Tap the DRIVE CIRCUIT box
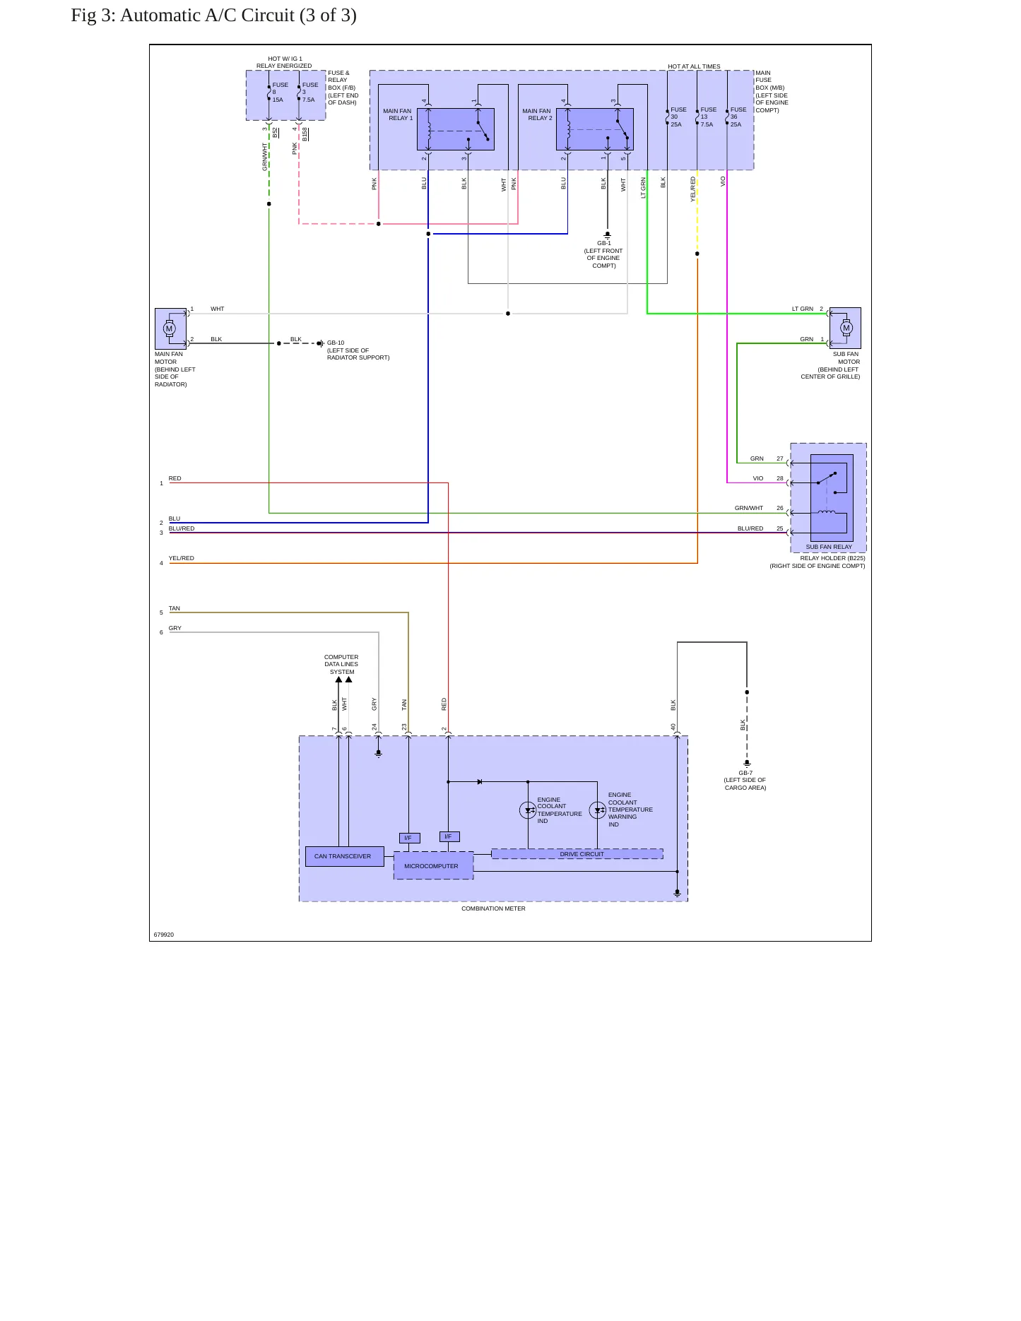point(577,854)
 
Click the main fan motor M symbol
point(169,328)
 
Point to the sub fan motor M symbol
point(846,328)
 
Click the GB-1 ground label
point(604,243)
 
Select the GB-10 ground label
point(336,343)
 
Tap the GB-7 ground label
point(745,773)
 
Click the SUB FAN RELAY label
point(829,547)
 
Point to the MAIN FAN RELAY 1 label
point(398,114)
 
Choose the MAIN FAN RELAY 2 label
point(537,114)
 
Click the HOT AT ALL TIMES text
point(694,66)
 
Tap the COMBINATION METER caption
point(493,908)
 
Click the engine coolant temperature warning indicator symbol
point(598,810)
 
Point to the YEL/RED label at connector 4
point(181,558)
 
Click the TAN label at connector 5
point(174,608)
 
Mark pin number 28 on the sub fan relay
point(780,478)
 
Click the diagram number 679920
point(164,935)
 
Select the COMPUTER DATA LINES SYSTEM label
point(341,664)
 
